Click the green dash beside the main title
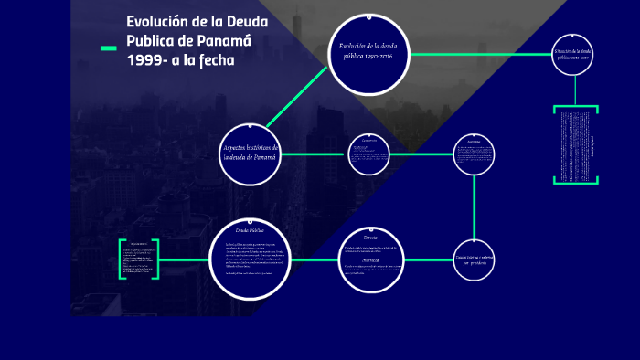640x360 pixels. (108, 48)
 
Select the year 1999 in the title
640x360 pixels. (146, 59)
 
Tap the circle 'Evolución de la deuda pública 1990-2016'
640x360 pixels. (365, 54)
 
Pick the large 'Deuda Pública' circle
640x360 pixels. (250, 259)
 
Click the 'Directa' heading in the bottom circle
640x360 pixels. (370, 236)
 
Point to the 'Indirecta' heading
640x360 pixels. (370, 260)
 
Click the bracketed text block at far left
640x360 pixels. (139, 259)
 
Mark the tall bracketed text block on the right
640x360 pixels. (576, 145)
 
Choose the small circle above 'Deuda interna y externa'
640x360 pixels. (475, 153)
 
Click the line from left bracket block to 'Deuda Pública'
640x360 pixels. (184, 259)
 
